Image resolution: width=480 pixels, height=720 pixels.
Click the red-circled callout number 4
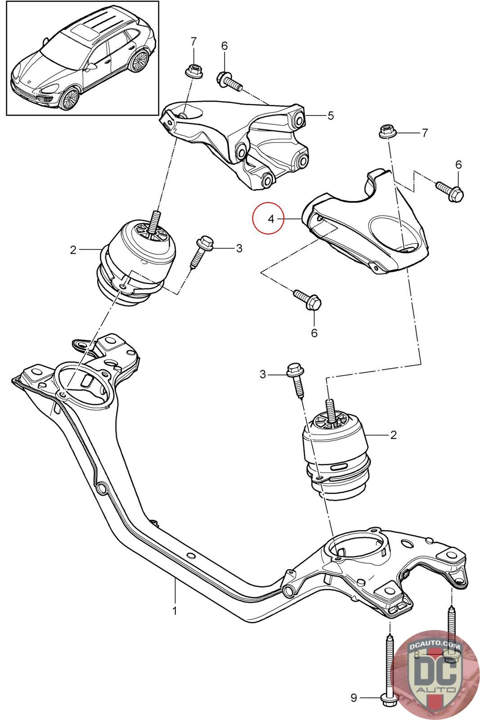coord(271,219)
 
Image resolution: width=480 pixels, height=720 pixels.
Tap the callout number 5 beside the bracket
coord(331,116)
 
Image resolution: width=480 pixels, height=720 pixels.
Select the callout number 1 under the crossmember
coord(175,610)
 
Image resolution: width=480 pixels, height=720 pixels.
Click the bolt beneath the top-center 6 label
coord(230,81)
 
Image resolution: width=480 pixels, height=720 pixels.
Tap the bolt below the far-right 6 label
coord(450,191)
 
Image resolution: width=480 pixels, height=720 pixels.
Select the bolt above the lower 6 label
coord(308,299)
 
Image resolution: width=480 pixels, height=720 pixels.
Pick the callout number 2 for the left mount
coord(73,250)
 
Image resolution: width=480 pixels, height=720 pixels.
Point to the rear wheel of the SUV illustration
coord(139,60)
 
